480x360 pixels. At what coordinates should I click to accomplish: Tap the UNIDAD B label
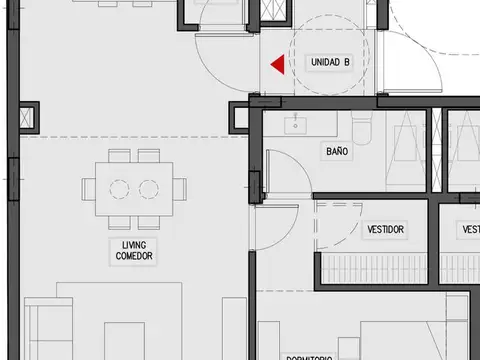pos(330,62)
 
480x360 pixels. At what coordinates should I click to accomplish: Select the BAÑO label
pos(337,152)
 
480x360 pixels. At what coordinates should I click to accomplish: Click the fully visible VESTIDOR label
pos(385,230)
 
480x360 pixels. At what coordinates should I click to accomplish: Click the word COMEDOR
pos(133,257)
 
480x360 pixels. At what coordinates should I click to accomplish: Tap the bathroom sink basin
pos(295,126)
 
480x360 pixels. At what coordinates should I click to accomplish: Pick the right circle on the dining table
pos(150,188)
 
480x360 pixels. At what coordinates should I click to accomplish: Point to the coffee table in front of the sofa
pos(124,338)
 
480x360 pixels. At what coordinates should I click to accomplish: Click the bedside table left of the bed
pos(270,341)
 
